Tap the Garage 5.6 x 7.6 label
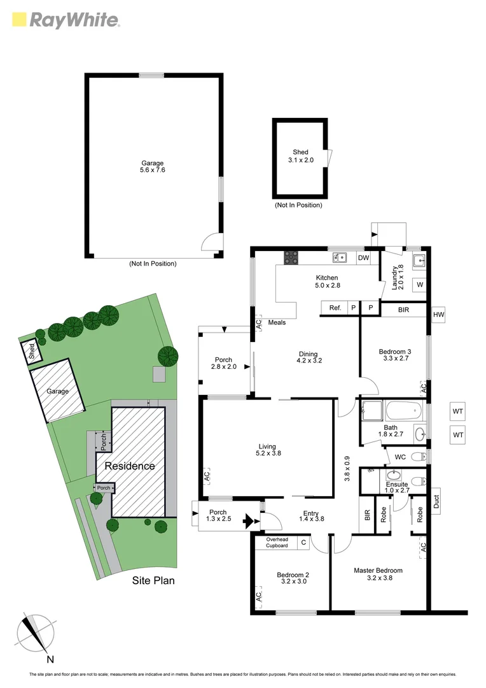pos(153,167)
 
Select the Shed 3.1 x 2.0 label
pos(300,156)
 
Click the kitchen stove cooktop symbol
pos(291,257)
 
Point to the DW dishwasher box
pos(363,258)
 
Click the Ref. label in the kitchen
pos(335,308)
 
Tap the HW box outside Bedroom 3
pos(438,315)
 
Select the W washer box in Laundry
pos(419,284)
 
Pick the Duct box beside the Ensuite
pos(436,503)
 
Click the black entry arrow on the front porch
pos(248,522)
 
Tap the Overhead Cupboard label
pos(277,543)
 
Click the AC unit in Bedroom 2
pos(258,596)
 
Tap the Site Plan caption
pos(153,580)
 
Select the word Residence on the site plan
pos(130,466)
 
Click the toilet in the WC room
pos(416,456)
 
